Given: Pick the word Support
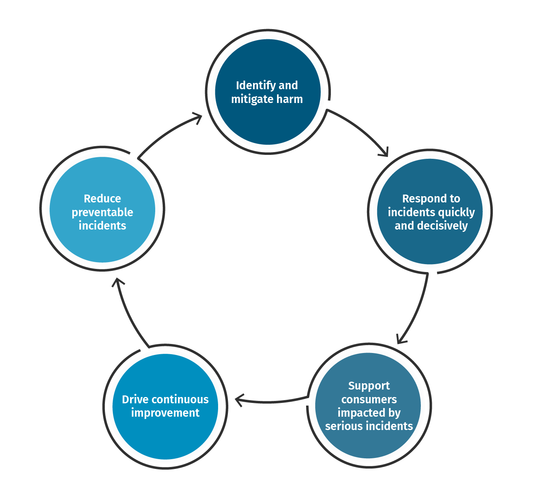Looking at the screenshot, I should point(369,386).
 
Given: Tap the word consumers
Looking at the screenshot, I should point(369,399).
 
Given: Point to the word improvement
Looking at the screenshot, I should point(165,413).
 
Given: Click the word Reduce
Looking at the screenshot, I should point(102,199).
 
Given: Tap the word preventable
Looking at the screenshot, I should point(102,212).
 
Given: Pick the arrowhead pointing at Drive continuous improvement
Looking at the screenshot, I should point(239,400).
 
